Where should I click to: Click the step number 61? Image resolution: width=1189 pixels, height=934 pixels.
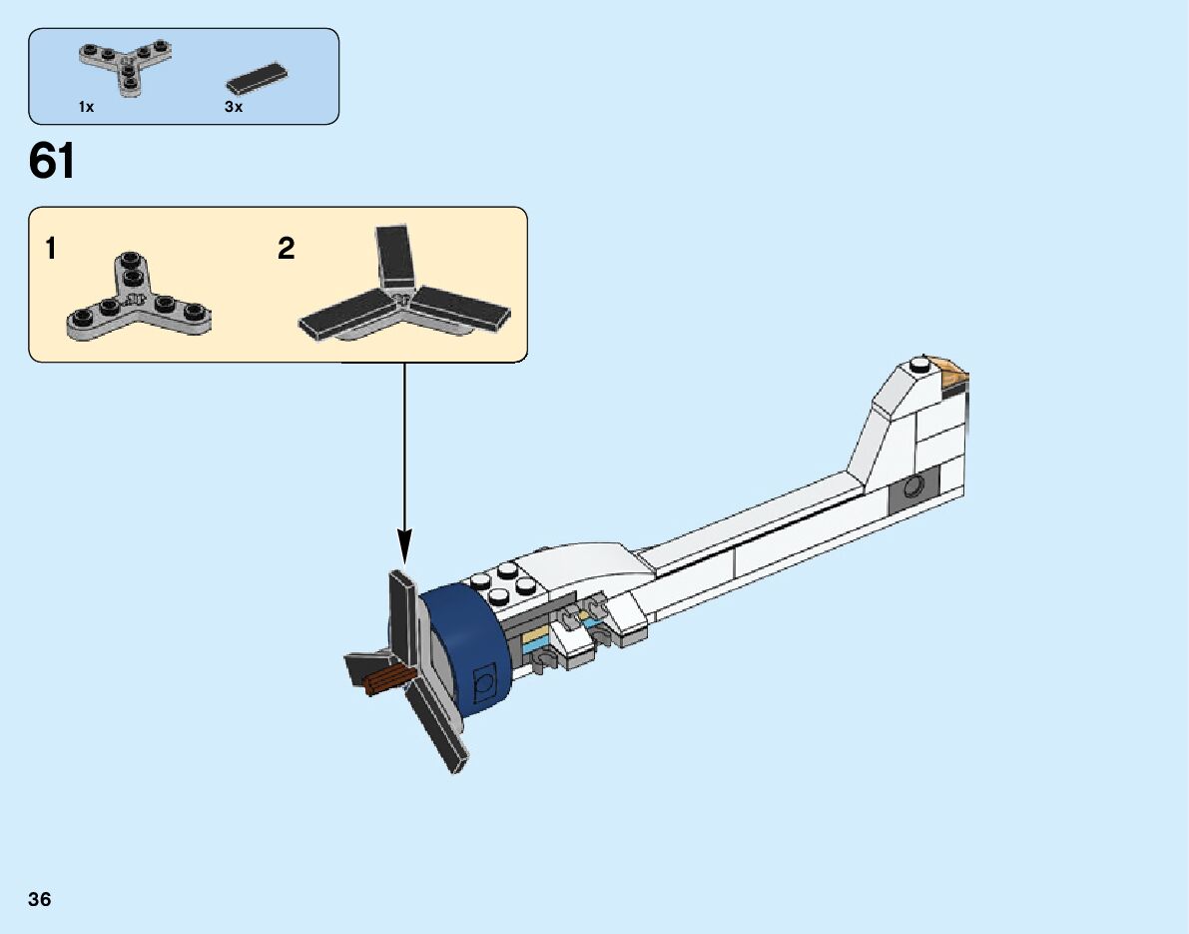[52, 161]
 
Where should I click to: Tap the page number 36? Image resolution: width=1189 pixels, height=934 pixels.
[40, 899]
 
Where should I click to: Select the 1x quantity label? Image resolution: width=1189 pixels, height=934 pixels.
[86, 107]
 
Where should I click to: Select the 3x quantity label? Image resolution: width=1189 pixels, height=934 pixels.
[234, 107]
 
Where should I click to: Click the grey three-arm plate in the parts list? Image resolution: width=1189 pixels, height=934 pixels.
[123, 65]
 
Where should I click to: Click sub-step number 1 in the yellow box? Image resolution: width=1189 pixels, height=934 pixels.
[51, 249]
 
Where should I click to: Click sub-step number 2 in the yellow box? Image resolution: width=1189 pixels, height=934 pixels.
[287, 249]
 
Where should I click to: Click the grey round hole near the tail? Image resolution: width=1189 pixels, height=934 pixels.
[911, 487]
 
